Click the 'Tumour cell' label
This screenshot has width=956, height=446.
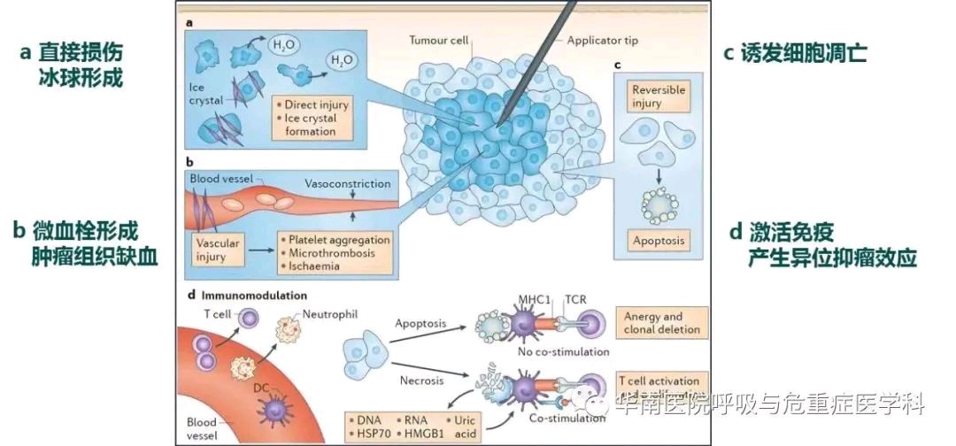click(x=438, y=41)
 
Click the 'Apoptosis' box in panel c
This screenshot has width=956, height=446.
click(x=658, y=240)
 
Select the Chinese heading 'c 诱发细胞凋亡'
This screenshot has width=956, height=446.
click(x=794, y=53)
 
